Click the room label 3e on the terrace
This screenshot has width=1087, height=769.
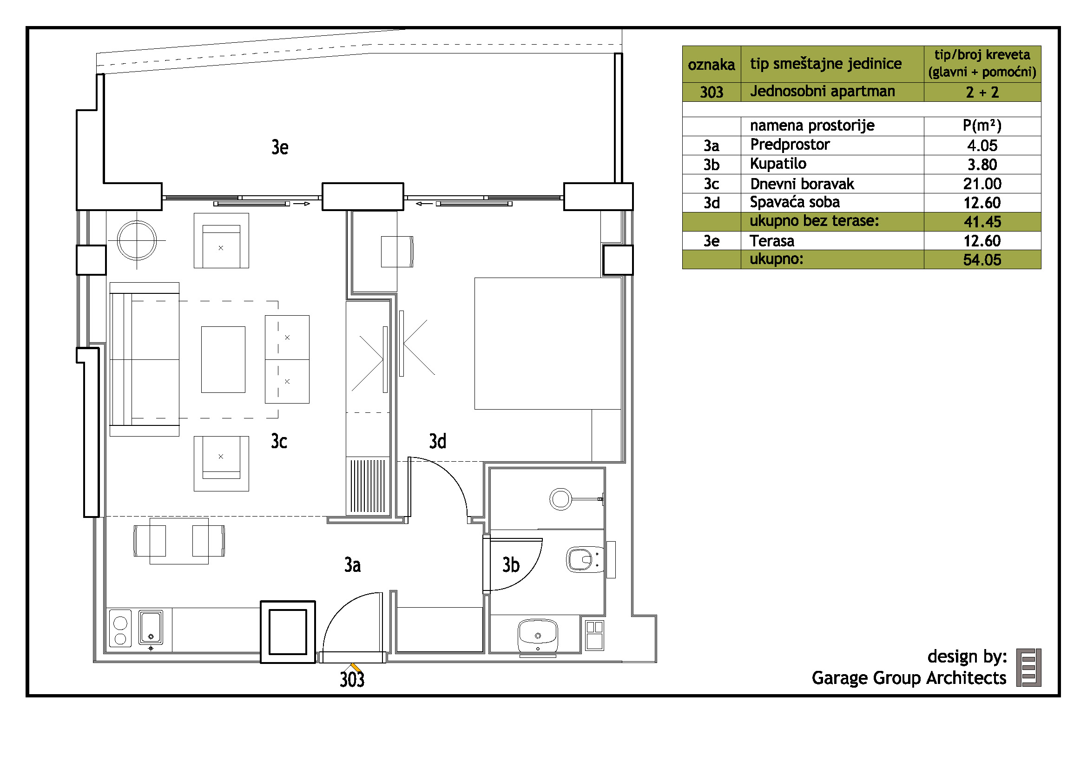click(x=280, y=147)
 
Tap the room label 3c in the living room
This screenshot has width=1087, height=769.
click(x=279, y=441)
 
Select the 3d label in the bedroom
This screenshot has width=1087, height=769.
click(x=437, y=441)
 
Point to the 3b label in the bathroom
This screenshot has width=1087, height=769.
click(x=511, y=565)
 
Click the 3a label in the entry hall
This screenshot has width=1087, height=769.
click(x=352, y=565)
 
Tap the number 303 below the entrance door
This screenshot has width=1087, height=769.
click(x=352, y=680)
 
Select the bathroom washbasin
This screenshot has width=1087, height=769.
click(x=538, y=636)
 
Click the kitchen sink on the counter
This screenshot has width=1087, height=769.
click(x=151, y=627)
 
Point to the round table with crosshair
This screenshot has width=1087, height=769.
click(x=137, y=240)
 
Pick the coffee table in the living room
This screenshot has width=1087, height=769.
click(x=223, y=359)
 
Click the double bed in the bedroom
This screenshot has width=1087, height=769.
click(x=548, y=343)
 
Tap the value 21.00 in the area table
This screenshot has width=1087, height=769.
click(x=982, y=184)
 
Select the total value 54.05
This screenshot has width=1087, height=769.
click(x=982, y=259)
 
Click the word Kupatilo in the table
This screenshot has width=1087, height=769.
click(x=778, y=164)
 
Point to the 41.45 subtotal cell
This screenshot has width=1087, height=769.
click(x=982, y=222)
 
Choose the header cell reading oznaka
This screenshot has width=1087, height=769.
click(x=711, y=65)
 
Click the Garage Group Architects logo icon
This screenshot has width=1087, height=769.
click(x=1029, y=668)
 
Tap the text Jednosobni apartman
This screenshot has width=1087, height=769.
click(x=823, y=92)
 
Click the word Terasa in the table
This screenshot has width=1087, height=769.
click(x=772, y=241)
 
